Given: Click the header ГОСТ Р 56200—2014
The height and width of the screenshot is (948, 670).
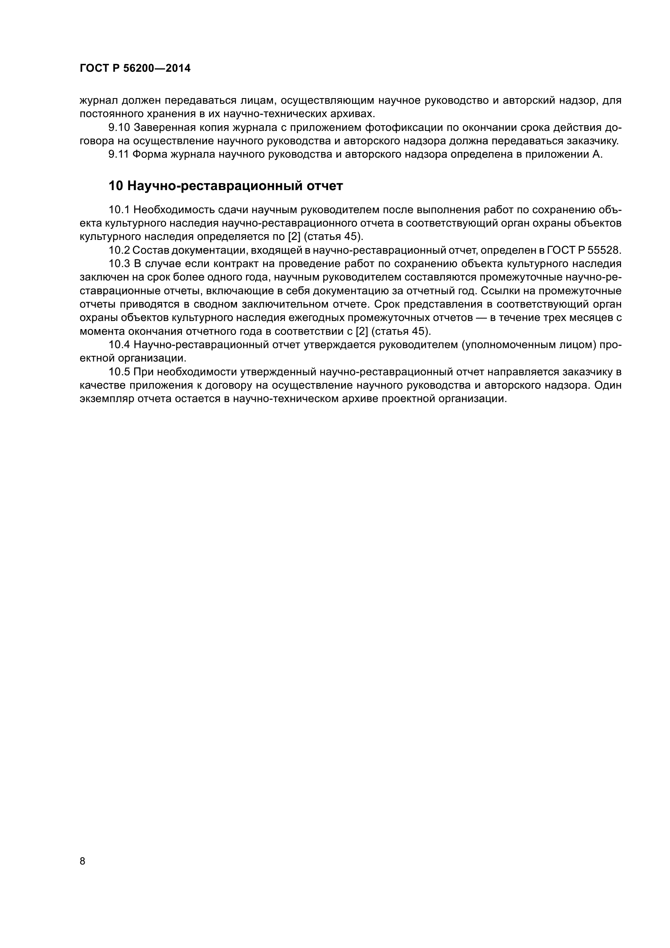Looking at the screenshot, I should click(x=135, y=68).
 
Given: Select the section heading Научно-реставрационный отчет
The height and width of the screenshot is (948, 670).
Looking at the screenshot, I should click(x=226, y=186).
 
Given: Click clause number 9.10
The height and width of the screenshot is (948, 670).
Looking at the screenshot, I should click(x=119, y=127).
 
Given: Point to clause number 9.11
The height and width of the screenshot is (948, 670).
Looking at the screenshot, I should click(x=119, y=154).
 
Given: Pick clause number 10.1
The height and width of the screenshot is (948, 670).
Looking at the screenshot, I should click(x=119, y=210).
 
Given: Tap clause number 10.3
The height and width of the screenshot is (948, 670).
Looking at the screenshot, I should click(x=119, y=264).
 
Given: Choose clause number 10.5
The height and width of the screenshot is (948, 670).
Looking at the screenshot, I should click(x=119, y=372).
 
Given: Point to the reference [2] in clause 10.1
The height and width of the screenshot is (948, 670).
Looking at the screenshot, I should click(x=294, y=237).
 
